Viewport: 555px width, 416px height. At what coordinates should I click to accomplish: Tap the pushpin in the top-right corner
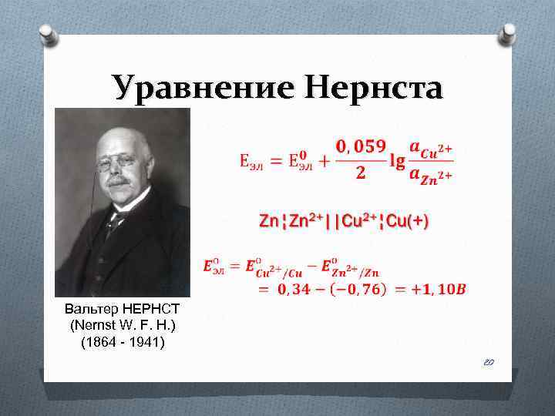click(506, 32)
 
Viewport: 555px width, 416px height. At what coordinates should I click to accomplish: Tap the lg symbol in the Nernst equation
click(398, 161)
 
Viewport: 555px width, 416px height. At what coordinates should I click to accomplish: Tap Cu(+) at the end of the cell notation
click(405, 221)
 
